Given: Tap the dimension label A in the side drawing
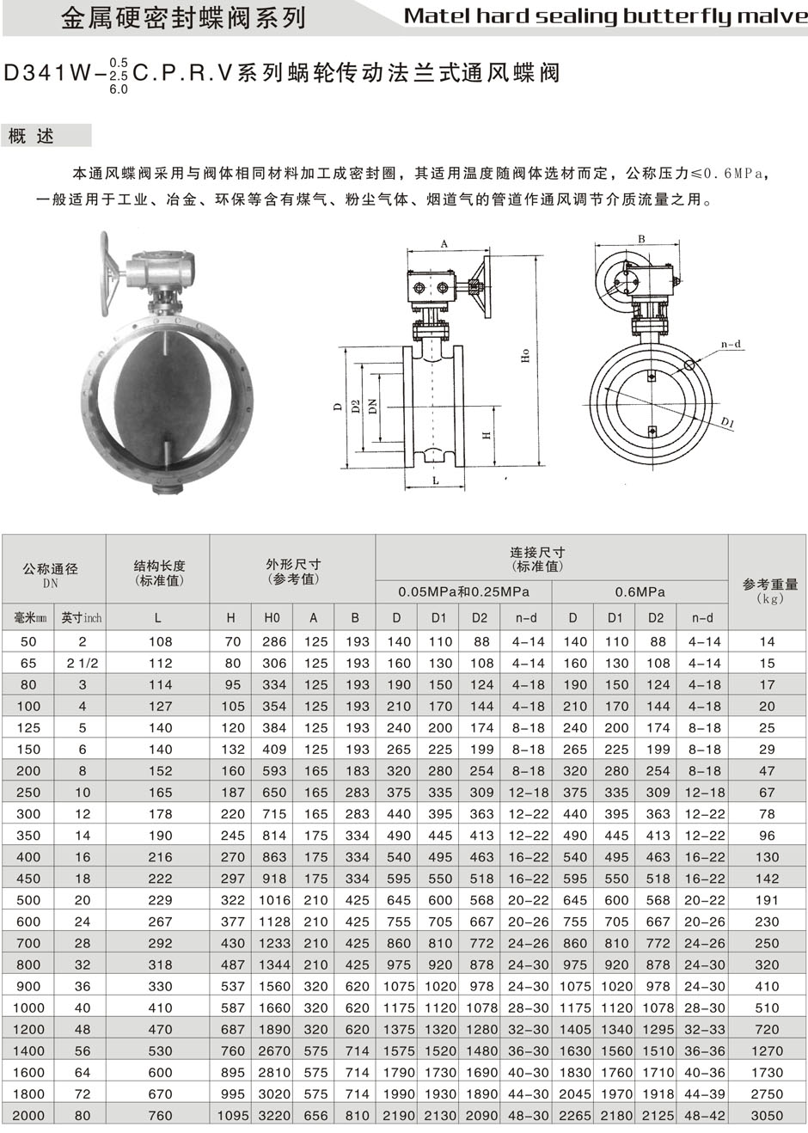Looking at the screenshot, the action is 444,244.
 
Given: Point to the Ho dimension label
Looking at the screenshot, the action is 525,356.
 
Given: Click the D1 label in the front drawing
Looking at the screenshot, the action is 727,422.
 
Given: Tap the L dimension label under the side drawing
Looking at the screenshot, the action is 436,481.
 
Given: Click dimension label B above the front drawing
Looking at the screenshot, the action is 641,239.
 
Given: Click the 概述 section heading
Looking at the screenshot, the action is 31,136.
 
